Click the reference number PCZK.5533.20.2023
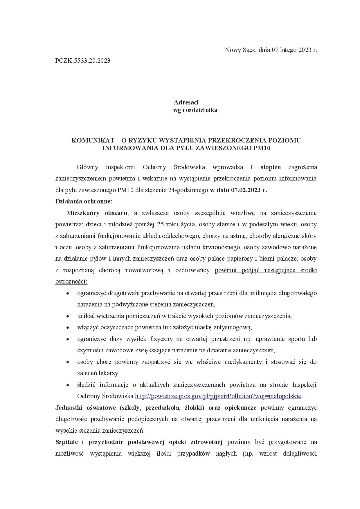(x=83, y=61)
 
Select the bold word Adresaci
(x=186, y=102)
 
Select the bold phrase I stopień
(x=266, y=167)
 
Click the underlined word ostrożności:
(x=71, y=281)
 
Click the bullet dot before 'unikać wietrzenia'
(x=68, y=316)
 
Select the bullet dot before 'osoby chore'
(x=68, y=362)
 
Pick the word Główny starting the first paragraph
(x=87, y=167)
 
